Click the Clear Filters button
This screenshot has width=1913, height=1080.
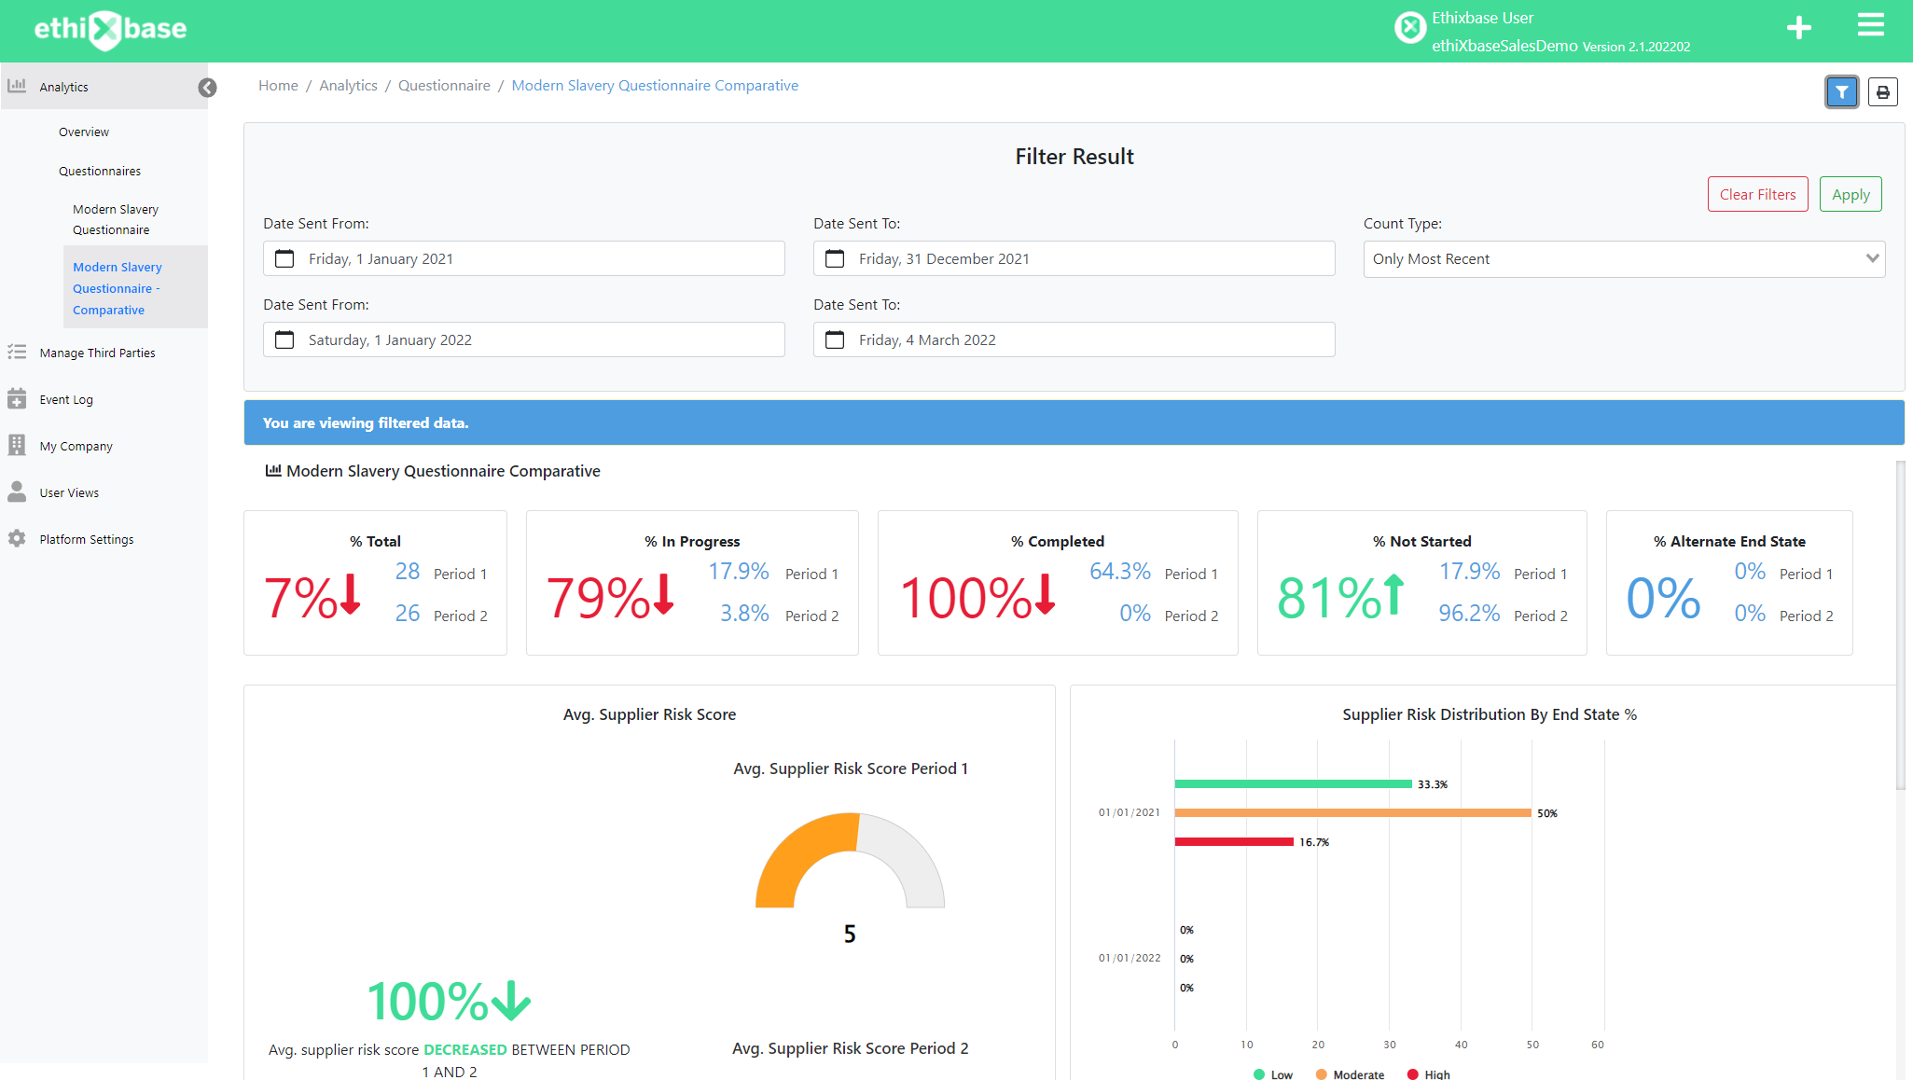pos(1757,194)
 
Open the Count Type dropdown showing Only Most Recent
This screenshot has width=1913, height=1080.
pos(1623,258)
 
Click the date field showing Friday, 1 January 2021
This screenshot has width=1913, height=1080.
pos(523,258)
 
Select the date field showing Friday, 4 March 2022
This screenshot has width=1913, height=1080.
pos(1073,339)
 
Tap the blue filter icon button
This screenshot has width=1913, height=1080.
pos(1841,92)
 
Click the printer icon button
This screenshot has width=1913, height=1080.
pos(1882,92)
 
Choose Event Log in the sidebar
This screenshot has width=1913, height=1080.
pos(66,399)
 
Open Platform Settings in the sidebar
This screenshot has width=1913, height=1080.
pos(86,539)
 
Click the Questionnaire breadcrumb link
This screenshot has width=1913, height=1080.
pos(444,86)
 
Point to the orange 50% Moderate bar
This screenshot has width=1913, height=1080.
pos(1352,813)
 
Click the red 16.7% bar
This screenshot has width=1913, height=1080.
pos(1234,842)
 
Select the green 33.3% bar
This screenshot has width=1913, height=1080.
pos(1293,784)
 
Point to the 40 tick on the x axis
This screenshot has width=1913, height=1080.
pos(1461,1045)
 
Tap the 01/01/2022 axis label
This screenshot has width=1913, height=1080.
pos(1130,958)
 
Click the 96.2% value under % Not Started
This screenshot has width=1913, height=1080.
pos(1469,614)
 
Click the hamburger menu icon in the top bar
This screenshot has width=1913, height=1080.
pos(1870,25)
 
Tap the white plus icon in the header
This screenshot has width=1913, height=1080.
pos(1798,28)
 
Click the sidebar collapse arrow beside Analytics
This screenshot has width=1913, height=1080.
pos(207,88)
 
